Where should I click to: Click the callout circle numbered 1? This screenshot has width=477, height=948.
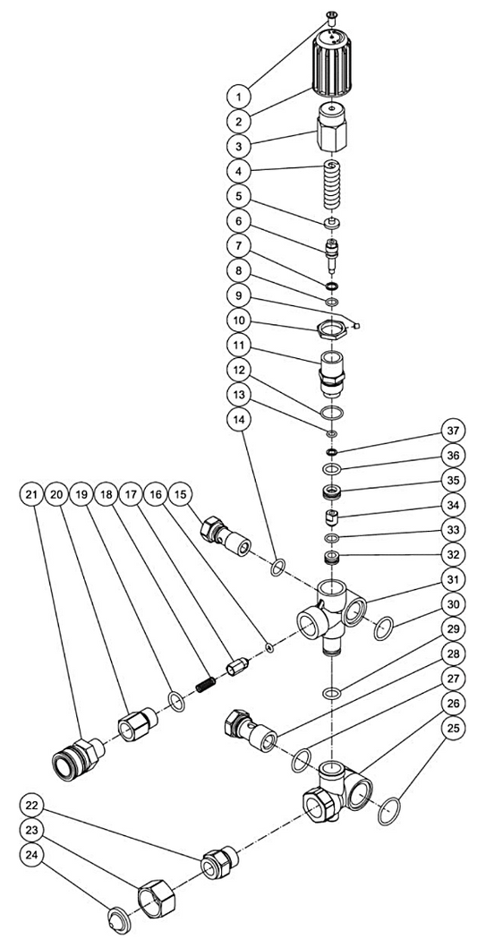pyautogui.click(x=240, y=97)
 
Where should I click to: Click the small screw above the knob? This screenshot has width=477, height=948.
pyautogui.click(x=330, y=18)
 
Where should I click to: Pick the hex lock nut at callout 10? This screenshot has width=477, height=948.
pyautogui.click(x=331, y=330)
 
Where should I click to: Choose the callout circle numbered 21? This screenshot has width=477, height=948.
pyautogui.click(x=30, y=494)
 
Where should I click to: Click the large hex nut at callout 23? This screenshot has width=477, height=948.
pyautogui.click(x=158, y=893)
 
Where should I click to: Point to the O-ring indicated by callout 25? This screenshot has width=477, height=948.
pyautogui.click(x=389, y=811)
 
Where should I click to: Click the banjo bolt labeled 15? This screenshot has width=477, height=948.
pyautogui.click(x=225, y=536)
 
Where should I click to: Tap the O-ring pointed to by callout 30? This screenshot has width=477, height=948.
pyautogui.click(x=383, y=628)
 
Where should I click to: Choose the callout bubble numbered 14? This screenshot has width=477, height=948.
pyautogui.click(x=240, y=418)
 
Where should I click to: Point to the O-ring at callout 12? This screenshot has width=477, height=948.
pyautogui.click(x=331, y=413)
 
